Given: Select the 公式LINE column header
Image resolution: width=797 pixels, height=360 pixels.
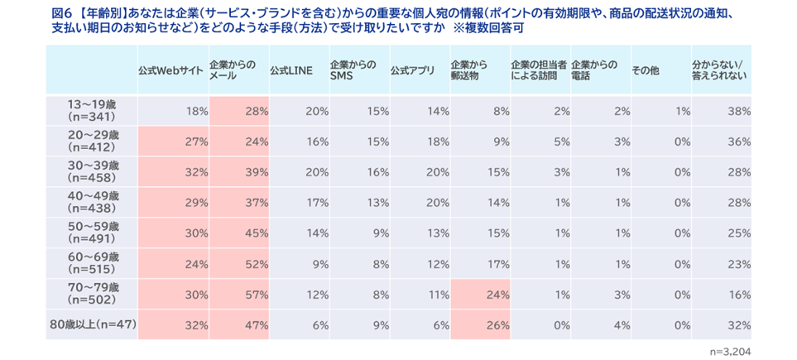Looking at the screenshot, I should pyautogui.click(x=290, y=71).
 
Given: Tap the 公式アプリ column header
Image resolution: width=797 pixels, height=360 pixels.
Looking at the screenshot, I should pyautogui.click(x=412, y=71).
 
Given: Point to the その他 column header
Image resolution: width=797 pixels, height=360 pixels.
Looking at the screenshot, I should pyautogui.click(x=645, y=71).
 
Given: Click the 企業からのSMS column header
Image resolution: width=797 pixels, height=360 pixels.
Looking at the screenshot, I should pyautogui.click(x=353, y=70).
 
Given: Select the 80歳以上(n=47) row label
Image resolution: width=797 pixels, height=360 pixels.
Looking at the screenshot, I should pyautogui.click(x=92, y=325).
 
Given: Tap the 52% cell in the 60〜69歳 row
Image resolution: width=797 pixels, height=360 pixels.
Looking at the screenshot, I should pyautogui.click(x=257, y=264).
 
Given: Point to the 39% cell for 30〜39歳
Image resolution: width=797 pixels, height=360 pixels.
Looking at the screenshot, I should pyautogui.click(x=257, y=172).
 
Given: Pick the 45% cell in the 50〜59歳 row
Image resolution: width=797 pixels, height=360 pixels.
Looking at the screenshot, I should pyautogui.click(x=257, y=233).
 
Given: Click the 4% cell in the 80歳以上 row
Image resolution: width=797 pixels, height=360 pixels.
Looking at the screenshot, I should pyautogui.click(x=620, y=325).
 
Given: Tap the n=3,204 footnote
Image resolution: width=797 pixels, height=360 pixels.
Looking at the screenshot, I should pyautogui.click(x=730, y=350).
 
